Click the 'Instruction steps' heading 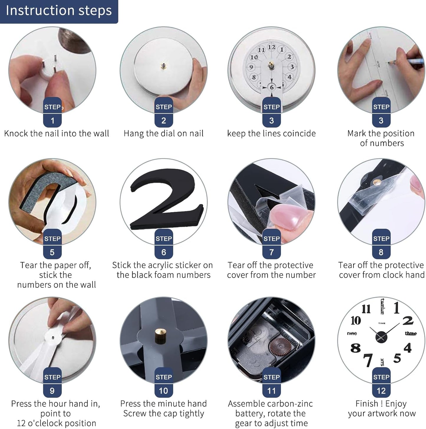pos(59,11)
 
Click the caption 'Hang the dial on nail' pos(163,133)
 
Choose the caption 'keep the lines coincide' pos(271,133)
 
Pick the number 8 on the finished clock pos(355,348)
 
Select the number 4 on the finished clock pos(407,348)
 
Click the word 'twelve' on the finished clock pos(382,306)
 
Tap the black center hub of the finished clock pos(381,337)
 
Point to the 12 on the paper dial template pos(271,47)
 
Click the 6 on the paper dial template pos(272,87)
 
